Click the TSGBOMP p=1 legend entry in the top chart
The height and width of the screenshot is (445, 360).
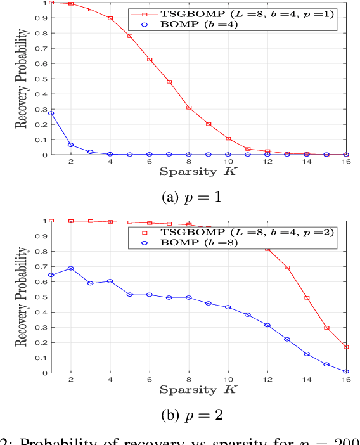point(238,13)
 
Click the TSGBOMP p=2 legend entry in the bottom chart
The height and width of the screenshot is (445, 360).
point(238,231)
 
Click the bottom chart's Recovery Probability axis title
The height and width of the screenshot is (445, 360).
point(22,297)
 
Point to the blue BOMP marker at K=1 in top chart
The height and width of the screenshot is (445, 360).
point(51,113)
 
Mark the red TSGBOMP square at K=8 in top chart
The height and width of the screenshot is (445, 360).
point(190,108)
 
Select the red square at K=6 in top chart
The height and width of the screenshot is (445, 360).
point(150,60)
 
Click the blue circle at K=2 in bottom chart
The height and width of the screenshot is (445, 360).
point(71,268)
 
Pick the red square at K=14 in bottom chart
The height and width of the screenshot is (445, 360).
point(307,298)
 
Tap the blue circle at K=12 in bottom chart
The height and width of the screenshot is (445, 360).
point(268,325)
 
